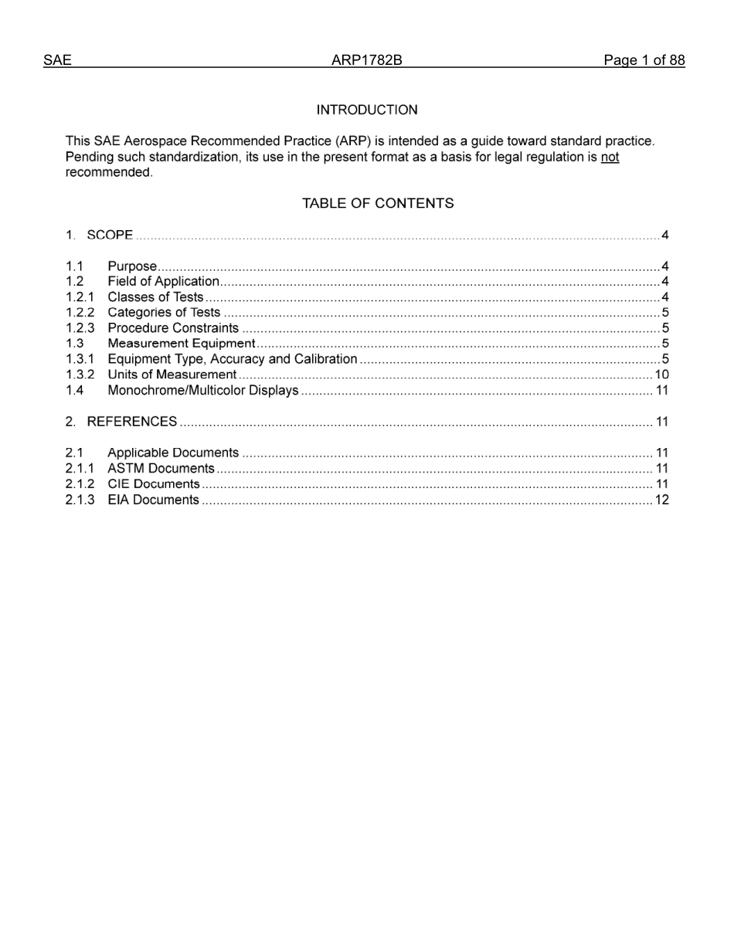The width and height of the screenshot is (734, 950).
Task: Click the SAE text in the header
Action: (x=57, y=60)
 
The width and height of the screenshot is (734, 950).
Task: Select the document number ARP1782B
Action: (x=366, y=60)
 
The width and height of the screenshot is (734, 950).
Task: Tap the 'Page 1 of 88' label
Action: (x=644, y=60)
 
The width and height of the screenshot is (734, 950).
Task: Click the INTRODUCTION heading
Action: (x=367, y=110)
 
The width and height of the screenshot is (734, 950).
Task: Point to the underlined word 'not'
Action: (x=610, y=157)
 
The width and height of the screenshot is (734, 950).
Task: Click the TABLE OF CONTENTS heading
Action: (x=378, y=203)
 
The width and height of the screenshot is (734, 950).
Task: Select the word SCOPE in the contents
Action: (x=110, y=235)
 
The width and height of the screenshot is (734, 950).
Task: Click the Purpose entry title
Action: (x=132, y=266)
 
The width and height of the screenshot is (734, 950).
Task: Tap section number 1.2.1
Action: (x=80, y=297)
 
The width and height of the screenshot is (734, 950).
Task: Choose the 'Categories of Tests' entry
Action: (x=164, y=312)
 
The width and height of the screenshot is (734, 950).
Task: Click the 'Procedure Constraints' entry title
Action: (x=173, y=327)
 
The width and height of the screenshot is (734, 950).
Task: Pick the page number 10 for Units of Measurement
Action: (x=661, y=375)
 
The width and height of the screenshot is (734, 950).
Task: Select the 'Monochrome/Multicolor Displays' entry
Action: (x=202, y=390)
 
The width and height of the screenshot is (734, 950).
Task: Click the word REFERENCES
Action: (x=132, y=421)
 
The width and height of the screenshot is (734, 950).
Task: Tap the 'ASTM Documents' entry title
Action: (x=161, y=468)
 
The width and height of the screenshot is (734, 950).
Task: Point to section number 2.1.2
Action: (x=80, y=483)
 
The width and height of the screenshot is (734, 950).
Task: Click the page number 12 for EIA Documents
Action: (x=661, y=500)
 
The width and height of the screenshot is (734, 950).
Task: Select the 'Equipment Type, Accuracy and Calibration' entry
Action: (x=232, y=359)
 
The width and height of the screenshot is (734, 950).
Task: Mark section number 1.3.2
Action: (x=80, y=375)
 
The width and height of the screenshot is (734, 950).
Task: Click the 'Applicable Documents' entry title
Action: (x=173, y=453)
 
